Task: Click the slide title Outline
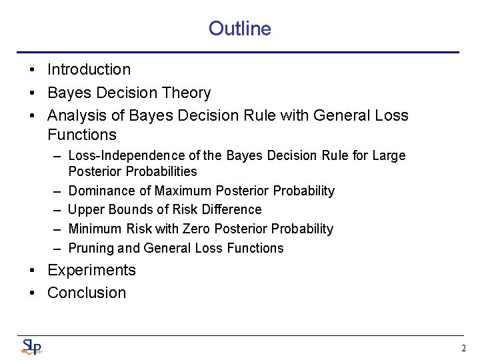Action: coord(239,29)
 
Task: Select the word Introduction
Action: coord(89,70)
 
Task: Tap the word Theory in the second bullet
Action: coord(190,93)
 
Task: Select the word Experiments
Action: coord(91,270)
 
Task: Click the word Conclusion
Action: coord(87,293)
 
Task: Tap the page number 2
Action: coord(463,348)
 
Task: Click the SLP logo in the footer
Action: coord(31,347)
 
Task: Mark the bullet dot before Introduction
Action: coord(31,70)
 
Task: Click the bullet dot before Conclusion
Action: coord(31,293)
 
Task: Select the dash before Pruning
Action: coord(59,248)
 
